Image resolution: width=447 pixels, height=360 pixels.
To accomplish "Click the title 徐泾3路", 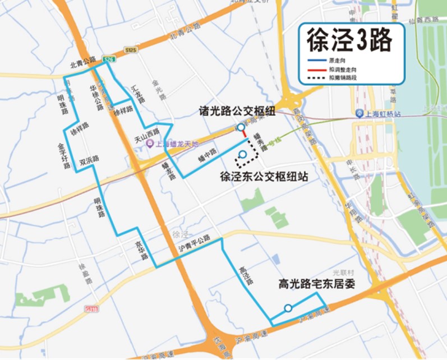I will tap(348, 41).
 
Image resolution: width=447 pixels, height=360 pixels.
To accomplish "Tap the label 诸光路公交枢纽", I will tap(237, 111).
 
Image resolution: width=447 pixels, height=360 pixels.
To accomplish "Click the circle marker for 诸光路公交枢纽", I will tap(241, 128).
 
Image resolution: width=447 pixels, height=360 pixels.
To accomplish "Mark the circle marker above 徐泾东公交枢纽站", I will tap(243, 155).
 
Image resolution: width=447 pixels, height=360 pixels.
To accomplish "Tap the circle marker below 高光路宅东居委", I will tap(288, 308).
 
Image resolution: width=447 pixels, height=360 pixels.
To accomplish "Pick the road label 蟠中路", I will tap(206, 159).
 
